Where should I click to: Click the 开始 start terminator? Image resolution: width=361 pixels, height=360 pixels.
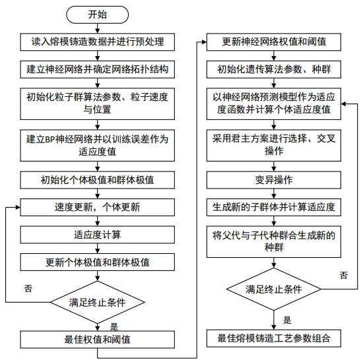98,15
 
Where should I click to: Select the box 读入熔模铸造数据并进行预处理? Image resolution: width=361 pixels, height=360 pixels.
98,42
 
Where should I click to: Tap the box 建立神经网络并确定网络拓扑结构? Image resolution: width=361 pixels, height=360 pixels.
98,69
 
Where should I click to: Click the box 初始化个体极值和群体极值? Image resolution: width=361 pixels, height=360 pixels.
98,180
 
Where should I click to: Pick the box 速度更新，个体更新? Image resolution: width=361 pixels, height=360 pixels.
98,207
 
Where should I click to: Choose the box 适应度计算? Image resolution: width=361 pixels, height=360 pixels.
98,235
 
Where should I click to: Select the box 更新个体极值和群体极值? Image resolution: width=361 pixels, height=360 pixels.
98,262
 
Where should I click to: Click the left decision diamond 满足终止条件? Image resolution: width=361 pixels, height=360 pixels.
98,302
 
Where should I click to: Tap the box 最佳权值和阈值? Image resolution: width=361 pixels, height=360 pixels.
98,340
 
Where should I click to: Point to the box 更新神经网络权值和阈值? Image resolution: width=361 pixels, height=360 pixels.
274,42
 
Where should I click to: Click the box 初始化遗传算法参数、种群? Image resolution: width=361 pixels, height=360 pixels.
274,69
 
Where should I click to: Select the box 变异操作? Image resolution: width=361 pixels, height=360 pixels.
274,180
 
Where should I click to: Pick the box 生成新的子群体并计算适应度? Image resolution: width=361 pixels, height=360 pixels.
274,207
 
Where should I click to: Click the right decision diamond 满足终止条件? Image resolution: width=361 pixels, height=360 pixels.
274,289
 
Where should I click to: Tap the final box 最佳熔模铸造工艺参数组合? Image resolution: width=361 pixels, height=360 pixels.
274,338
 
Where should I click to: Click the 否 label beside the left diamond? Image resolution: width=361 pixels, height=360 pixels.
28,288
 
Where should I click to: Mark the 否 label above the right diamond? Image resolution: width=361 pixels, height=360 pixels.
344,276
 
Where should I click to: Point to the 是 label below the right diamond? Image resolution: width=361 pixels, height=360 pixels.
287,320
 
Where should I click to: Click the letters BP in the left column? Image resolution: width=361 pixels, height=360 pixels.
49,139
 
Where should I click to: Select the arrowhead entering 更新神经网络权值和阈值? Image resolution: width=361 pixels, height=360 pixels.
204,42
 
